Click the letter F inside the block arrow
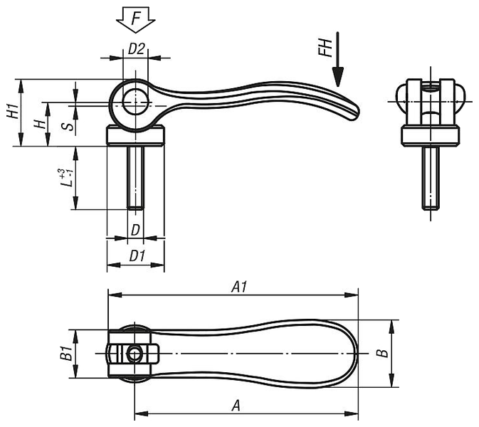136,19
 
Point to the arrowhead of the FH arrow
338,77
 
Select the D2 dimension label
136,48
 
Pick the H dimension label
39,124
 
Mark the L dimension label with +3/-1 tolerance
65,177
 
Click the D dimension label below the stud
135,230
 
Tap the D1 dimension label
137,256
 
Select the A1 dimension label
239,287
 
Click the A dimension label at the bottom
236,406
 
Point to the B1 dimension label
66,353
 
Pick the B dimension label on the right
382,353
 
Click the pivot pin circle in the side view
135,102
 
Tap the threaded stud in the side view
135,178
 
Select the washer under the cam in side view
136,136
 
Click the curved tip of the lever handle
354,113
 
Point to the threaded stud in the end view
431,178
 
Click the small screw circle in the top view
134,354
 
